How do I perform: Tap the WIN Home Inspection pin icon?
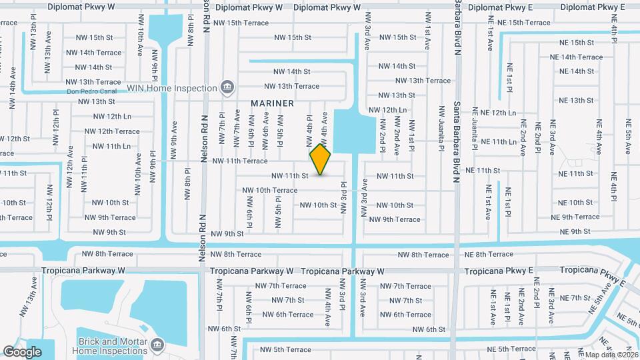227,87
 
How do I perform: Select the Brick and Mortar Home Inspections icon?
158,345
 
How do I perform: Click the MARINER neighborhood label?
272,103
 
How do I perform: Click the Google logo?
23,352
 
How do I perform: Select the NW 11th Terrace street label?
240,161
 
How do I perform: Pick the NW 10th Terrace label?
269,190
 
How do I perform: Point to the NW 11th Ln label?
109,146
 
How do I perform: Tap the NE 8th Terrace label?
489,254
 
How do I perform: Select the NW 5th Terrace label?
285,349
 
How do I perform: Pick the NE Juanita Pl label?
474,128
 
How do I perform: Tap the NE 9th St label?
576,232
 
